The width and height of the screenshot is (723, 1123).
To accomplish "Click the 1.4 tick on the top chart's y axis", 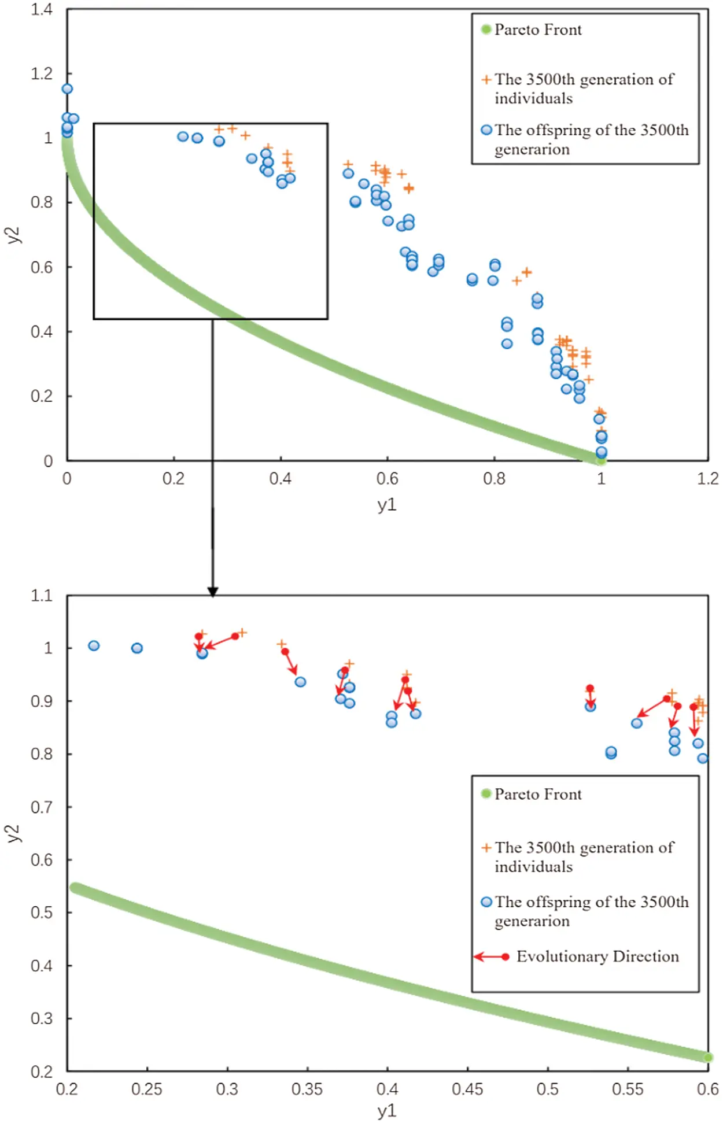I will click(42, 9).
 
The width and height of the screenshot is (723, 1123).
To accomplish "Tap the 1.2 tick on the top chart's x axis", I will click(708, 479).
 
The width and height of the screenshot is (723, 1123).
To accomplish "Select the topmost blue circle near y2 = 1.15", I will click(67, 88).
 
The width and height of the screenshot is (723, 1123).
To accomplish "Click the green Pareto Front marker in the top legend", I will click(486, 29).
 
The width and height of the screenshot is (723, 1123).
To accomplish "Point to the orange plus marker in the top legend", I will click(486, 79).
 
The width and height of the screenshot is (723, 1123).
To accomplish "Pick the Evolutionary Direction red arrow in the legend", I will click(491, 957).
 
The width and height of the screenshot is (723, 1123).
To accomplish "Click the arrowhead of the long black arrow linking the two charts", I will click(213, 591).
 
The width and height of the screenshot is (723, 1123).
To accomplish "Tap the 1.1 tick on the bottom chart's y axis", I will click(42, 596).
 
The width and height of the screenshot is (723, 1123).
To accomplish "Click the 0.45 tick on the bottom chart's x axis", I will click(467, 1089).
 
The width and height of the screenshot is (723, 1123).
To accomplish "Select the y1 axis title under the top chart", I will click(387, 504).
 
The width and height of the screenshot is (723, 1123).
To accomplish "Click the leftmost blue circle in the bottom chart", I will click(94, 645).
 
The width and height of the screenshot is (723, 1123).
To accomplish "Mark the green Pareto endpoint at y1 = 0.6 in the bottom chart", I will click(707, 1058).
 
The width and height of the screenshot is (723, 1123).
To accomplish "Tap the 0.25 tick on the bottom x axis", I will click(147, 1089).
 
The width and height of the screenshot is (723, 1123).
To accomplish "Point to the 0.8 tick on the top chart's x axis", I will click(494, 479).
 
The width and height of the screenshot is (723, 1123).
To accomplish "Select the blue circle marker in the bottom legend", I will click(486, 902).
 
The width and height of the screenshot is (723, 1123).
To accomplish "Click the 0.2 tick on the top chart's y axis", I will click(42, 397).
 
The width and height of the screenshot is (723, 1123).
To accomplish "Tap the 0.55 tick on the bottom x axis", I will click(628, 1089).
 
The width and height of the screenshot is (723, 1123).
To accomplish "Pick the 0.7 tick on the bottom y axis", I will click(42, 807).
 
